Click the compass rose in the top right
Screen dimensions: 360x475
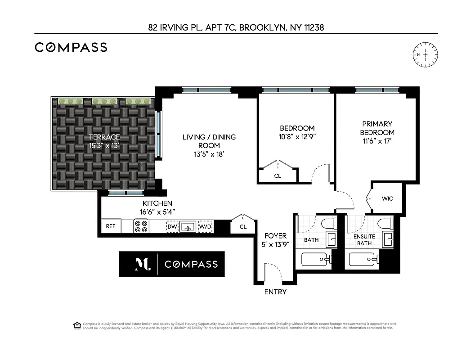point(425,54)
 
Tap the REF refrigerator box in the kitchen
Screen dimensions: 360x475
point(111,226)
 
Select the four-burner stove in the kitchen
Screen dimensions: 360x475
point(141,226)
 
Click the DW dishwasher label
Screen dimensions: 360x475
point(172,227)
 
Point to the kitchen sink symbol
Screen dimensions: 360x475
point(188,227)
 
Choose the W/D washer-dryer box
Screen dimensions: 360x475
point(206,227)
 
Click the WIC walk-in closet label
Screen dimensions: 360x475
point(387,198)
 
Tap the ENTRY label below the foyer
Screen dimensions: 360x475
point(275,292)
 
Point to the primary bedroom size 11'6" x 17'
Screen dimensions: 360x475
point(378,141)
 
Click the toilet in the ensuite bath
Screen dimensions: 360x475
point(385,224)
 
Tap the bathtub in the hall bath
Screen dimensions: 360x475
point(316,260)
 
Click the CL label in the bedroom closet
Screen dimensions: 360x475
point(278,176)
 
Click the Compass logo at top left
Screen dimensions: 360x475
point(71,47)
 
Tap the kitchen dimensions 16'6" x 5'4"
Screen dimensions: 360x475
point(157,211)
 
